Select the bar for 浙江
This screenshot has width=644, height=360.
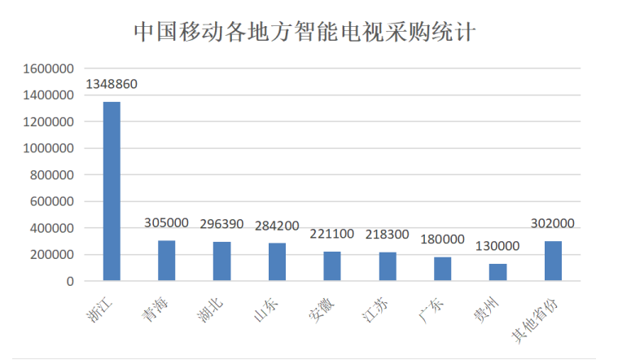point(112,191)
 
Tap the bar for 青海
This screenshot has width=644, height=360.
point(166,261)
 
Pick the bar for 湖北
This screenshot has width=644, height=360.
point(221,261)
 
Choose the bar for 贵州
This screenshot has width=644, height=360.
point(498,272)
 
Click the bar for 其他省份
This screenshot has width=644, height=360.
point(553,261)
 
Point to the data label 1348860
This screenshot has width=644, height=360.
point(112,85)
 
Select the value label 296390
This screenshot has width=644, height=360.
point(222,224)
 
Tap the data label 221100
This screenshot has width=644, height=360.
point(332,234)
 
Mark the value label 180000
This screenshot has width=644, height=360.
point(443,239)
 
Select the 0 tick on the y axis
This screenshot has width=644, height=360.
point(70,281)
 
